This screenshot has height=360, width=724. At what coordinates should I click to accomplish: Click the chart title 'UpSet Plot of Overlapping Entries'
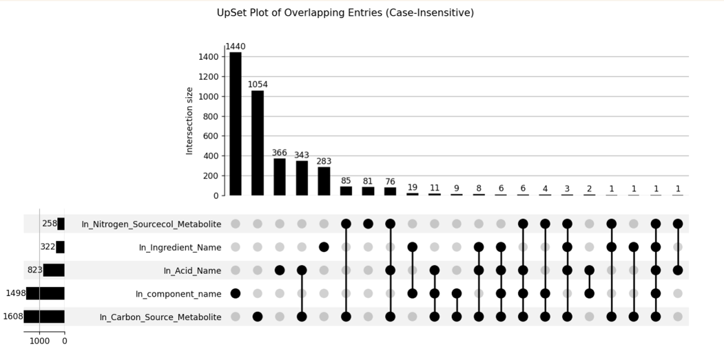click(345, 13)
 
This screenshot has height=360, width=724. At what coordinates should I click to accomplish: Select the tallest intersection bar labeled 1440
click(235, 124)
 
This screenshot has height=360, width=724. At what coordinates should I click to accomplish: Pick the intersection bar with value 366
click(279, 177)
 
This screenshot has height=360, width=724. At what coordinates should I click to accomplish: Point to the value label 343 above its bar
click(302, 156)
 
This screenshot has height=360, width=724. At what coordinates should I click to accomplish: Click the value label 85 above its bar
click(346, 180)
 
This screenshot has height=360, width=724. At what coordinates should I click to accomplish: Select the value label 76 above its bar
click(390, 182)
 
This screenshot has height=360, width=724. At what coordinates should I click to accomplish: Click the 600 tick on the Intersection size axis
click(211, 136)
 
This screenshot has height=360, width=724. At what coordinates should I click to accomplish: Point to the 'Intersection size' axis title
click(189, 121)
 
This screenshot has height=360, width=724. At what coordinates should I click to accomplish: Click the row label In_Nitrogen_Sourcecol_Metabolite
click(151, 224)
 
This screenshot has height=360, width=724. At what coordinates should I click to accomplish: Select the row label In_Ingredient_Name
click(180, 247)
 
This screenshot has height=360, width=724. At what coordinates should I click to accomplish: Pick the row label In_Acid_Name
click(192, 271)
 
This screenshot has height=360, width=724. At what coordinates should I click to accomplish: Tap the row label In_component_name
click(178, 294)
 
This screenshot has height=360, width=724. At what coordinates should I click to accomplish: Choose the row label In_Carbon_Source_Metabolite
click(160, 317)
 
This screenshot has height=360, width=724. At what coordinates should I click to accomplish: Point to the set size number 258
click(49, 224)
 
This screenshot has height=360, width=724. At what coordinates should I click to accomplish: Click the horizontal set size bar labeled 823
click(54, 270)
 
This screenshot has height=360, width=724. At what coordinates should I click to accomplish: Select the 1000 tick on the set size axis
click(40, 341)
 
